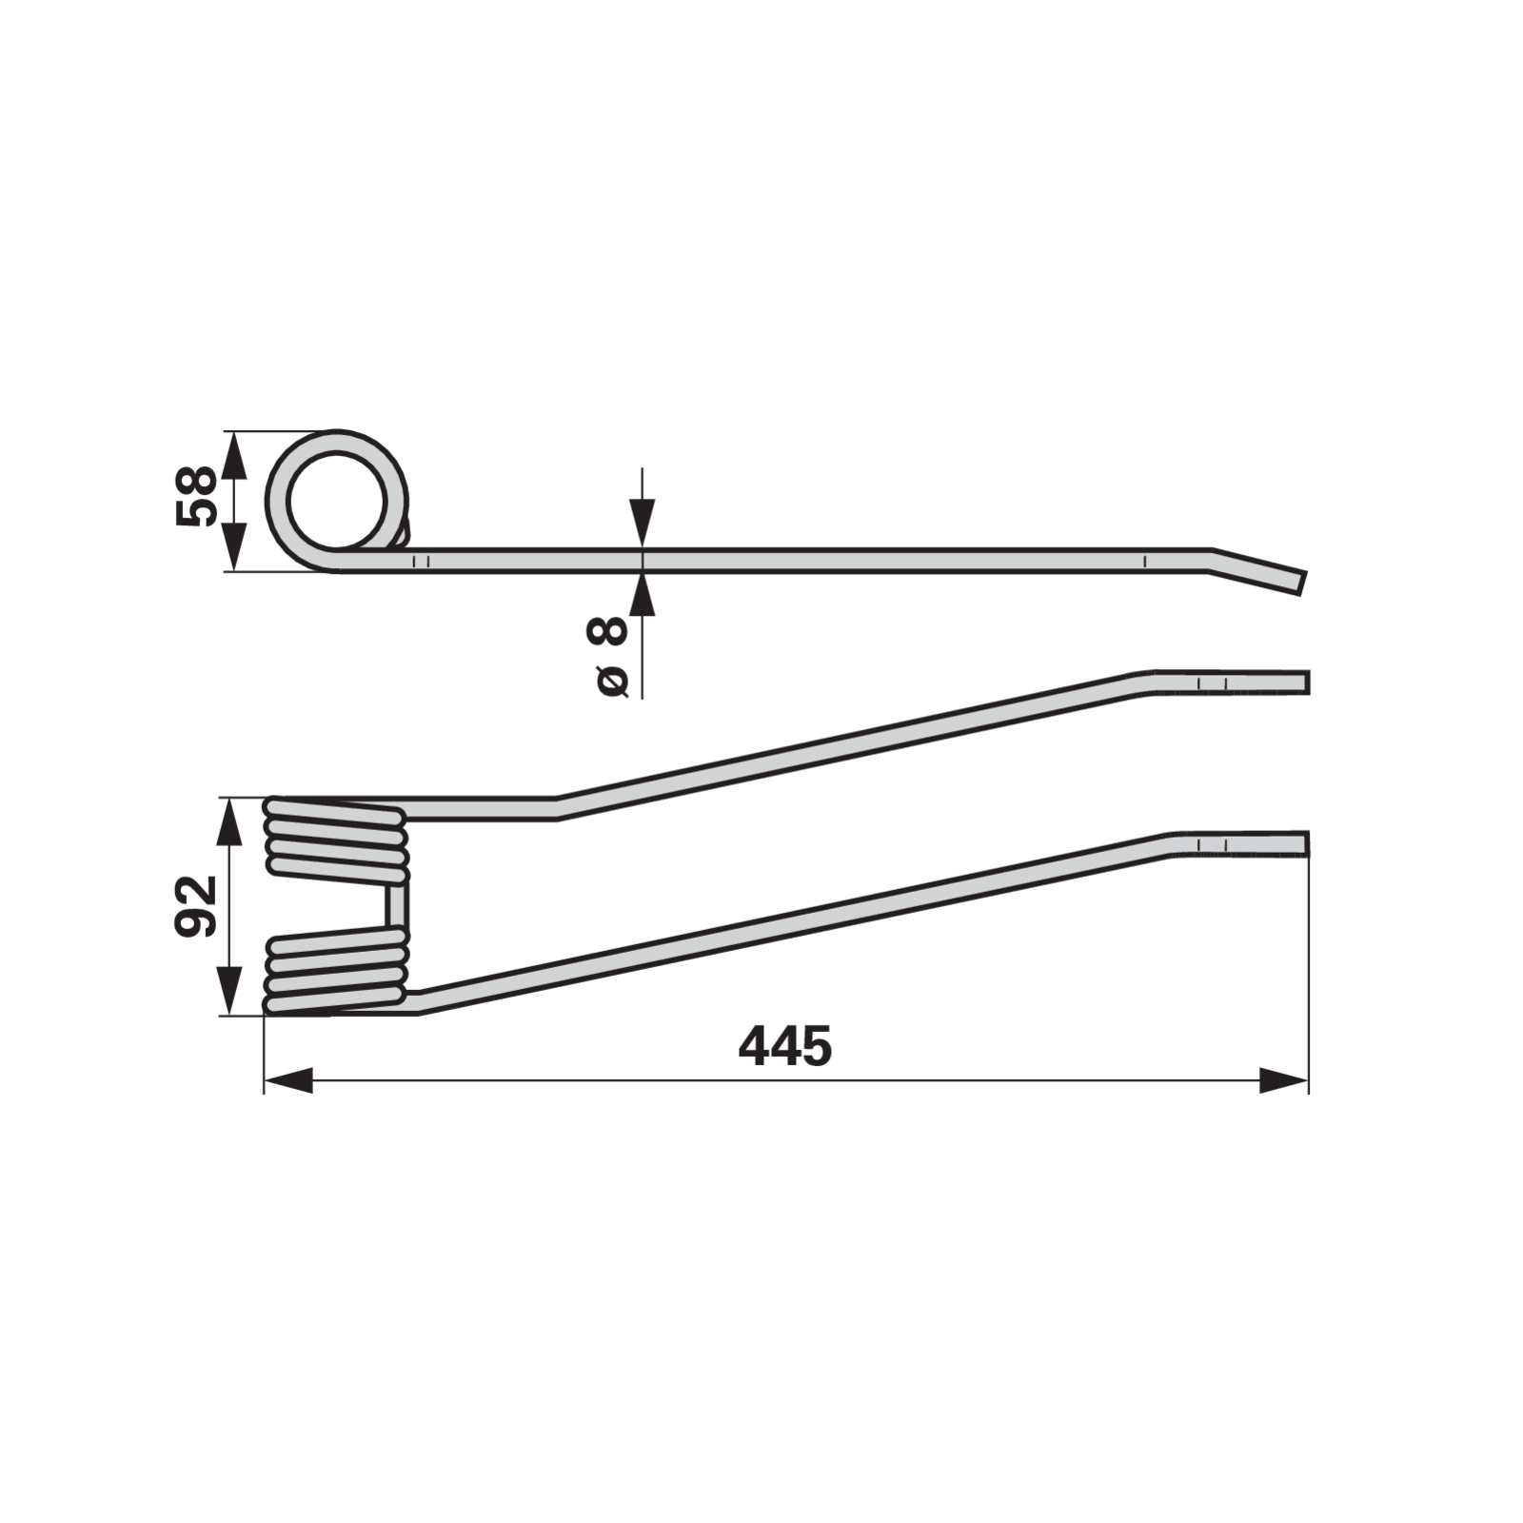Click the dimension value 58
tap(196, 496)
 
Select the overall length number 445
tap(785, 1046)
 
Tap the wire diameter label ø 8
tap(609, 657)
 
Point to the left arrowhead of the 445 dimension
tap(288, 1080)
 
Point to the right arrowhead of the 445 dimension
tap(1283, 1080)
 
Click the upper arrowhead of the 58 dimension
tap(233, 455)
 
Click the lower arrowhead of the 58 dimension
tap(233, 546)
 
